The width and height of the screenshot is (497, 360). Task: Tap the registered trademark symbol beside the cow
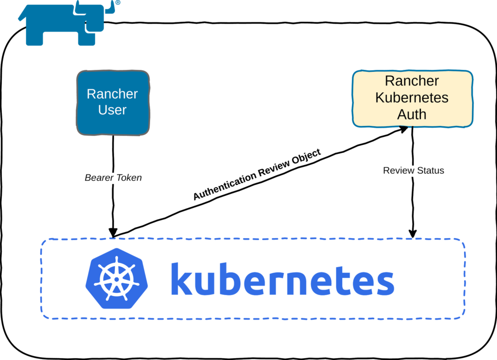117,2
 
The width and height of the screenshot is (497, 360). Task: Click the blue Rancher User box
113,103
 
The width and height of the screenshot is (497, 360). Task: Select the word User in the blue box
112,110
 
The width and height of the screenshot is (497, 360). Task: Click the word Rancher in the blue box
112,94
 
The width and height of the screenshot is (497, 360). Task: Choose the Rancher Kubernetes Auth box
412,98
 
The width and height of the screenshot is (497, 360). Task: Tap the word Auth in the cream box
412,115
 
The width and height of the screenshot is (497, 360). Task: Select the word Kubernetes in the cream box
412,98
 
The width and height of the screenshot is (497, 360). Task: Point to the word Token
129,178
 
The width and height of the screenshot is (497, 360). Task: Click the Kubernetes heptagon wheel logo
116,278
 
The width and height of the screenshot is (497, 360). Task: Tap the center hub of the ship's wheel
116,279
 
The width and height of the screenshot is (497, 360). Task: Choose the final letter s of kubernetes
385,283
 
